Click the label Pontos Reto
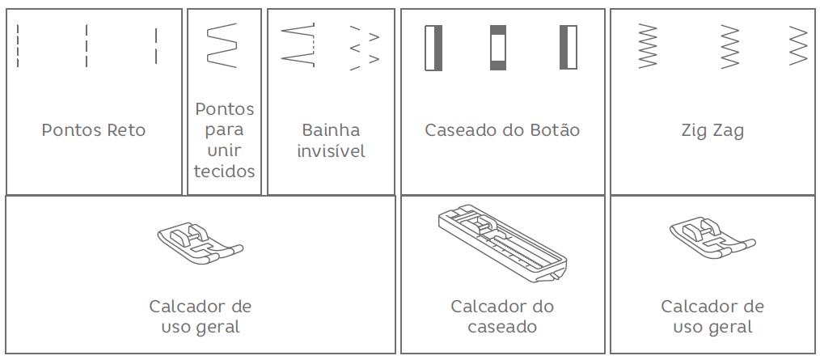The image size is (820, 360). point(94,130)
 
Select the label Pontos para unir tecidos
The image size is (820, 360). point(224,140)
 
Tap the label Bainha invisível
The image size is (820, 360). point(330,140)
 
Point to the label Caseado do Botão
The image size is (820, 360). point(502,130)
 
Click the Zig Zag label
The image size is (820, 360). point(712,130)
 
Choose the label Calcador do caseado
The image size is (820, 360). point(502,316)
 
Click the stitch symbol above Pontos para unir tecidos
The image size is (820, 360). point(222,45)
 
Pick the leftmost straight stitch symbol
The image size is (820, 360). point(18,45)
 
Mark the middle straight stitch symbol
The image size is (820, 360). point(87,45)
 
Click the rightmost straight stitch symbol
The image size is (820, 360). point(156,45)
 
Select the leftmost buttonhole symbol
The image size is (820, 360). point(433,48)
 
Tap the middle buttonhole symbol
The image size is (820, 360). point(498,48)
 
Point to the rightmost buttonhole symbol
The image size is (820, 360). point(569,48)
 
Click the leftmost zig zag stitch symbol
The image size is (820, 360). point(648,46)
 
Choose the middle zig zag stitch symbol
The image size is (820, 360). point(730,46)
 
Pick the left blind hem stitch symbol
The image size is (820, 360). point(298,45)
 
